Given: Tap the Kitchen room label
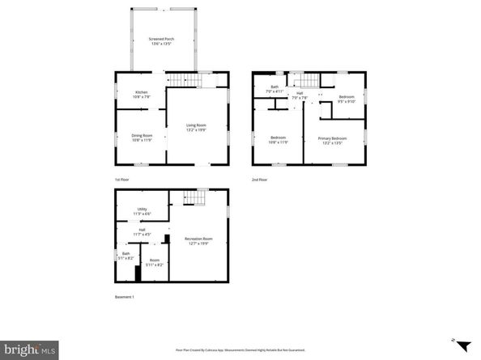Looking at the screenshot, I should click(x=142, y=95).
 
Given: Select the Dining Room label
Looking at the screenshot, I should click(x=142, y=137).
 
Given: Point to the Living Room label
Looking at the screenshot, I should click(x=196, y=127).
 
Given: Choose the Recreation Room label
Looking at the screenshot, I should click(x=198, y=240).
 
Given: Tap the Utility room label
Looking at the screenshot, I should click(x=142, y=211).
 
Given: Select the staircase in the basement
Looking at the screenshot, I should click(x=193, y=197).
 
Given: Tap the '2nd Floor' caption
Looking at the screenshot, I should click(x=259, y=179).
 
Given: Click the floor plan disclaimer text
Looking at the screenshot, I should click(x=241, y=350).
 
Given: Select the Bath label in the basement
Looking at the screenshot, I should click(x=126, y=256).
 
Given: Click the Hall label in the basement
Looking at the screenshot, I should click(x=142, y=232).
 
